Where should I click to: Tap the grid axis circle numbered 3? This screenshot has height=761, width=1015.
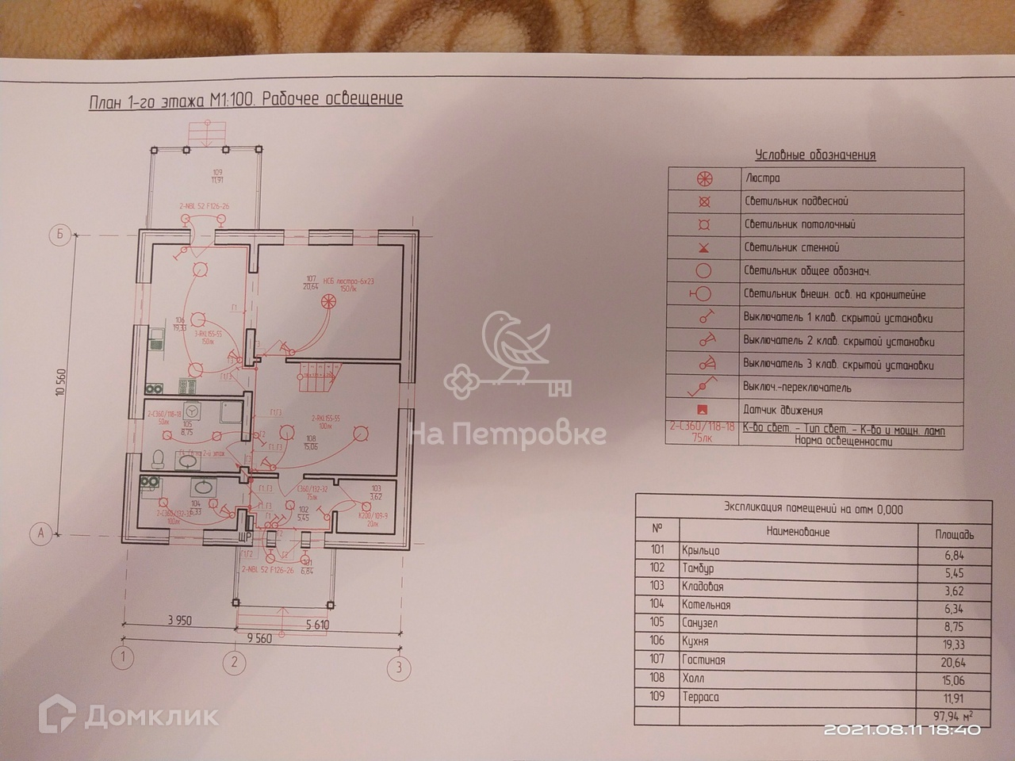click(x=400, y=667)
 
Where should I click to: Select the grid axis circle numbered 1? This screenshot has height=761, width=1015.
click(x=123, y=657)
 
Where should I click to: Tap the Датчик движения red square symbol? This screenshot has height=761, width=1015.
click(x=702, y=411)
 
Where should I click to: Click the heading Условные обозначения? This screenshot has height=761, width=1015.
click(x=815, y=155)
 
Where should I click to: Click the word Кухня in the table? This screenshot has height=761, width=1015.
click(x=695, y=641)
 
